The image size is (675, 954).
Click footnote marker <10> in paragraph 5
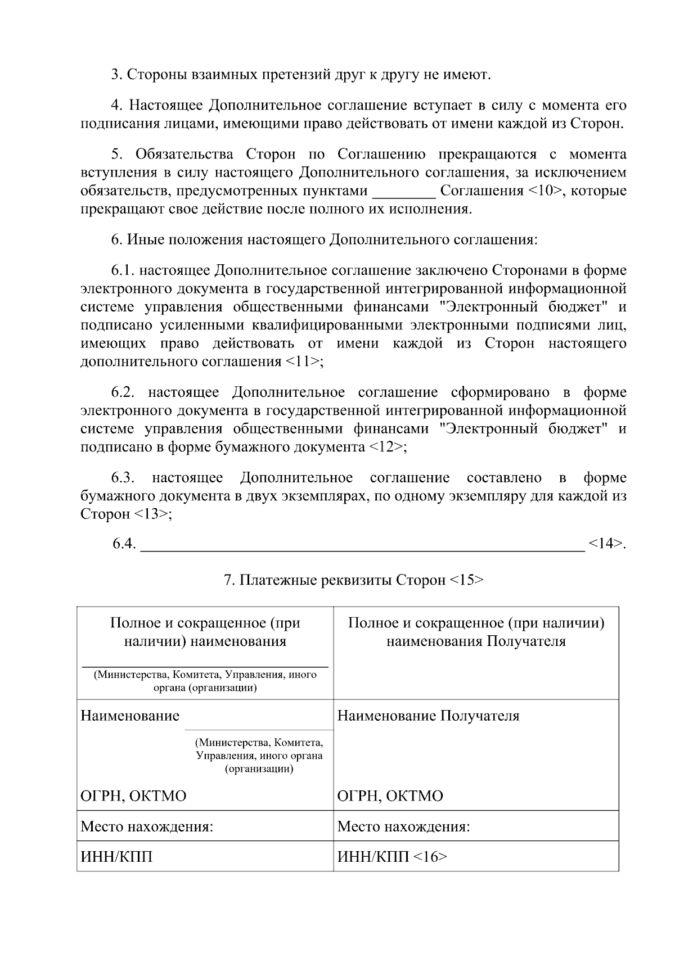pyautogui.click(x=545, y=191)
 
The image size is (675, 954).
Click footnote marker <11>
pyautogui.click(x=305, y=361)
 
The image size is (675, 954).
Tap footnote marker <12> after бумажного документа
pyautogui.click(x=387, y=447)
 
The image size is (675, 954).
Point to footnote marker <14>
pyautogui.click(x=606, y=544)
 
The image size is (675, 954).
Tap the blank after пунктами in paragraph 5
pyautogui.click(x=404, y=192)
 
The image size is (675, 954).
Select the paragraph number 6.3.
pyautogui.click(x=122, y=478)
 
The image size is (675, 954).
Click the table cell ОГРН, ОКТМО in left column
pyautogui.click(x=133, y=796)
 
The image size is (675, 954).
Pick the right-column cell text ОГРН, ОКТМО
pyautogui.click(x=390, y=796)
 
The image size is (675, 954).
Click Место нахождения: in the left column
pyautogui.click(x=147, y=826)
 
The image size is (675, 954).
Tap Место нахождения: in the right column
pyautogui.click(x=403, y=826)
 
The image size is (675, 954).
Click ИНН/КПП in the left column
pyautogui.click(x=116, y=857)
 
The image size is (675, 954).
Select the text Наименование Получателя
pyautogui.click(x=428, y=716)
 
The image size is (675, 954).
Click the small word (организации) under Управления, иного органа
pyautogui.click(x=259, y=768)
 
